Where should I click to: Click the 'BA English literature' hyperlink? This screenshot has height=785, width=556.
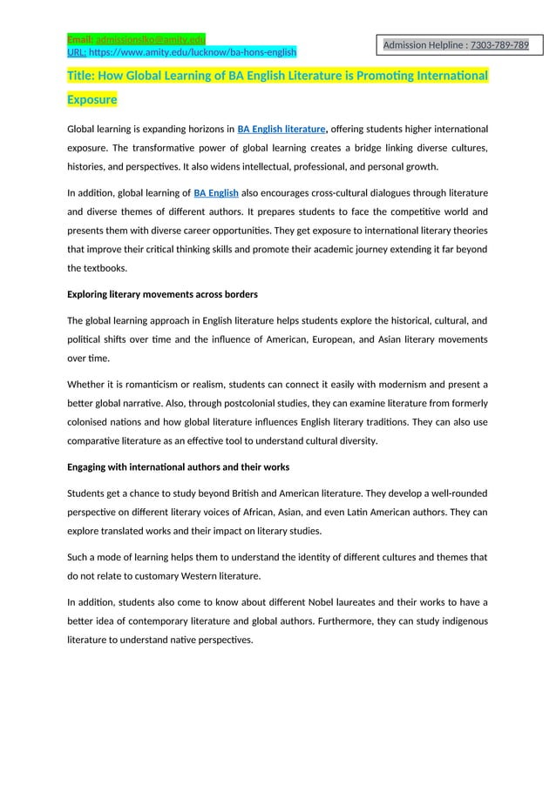pyautogui.click(x=281, y=130)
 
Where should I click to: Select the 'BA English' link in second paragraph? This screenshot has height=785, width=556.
pyautogui.click(x=215, y=192)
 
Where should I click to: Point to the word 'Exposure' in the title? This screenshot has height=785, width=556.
pyautogui.click(x=92, y=100)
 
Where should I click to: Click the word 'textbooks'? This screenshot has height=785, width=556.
pyautogui.click(x=105, y=268)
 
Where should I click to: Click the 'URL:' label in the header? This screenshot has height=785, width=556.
pyautogui.click(x=77, y=52)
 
